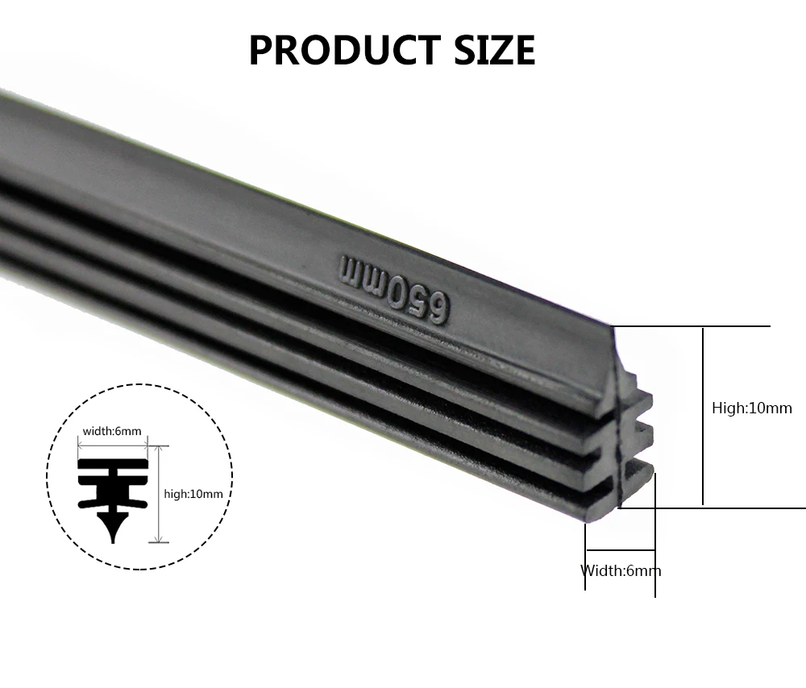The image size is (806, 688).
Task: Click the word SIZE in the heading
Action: [495, 51]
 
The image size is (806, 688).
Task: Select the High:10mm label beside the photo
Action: [751, 408]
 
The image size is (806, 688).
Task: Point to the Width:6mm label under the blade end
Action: [621, 570]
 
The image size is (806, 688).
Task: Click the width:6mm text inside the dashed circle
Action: [112, 431]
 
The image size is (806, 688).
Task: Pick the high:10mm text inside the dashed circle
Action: [193, 495]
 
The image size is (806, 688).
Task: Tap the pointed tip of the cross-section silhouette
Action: [114, 542]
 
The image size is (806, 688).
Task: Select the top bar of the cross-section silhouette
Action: [113, 465]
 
